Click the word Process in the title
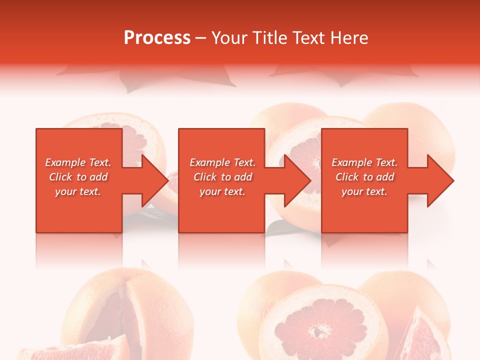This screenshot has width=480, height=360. click(x=157, y=38)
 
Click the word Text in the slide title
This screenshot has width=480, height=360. click(x=307, y=38)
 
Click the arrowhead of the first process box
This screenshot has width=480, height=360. click(x=154, y=180)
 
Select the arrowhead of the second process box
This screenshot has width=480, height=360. click(x=297, y=180)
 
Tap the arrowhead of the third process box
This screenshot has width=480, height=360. click(x=440, y=180)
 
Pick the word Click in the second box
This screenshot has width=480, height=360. click(x=204, y=177)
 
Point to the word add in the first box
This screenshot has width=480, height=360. click(x=98, y=177)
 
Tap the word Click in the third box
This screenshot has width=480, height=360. click(x=346, y=177)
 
